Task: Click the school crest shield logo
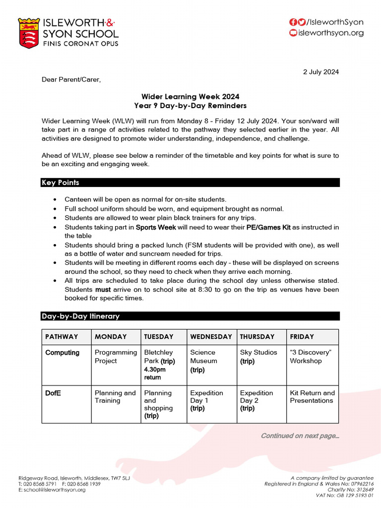(x=29, y=33)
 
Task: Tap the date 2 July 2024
(x=321, y=72)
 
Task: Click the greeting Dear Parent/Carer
(x=71, y=79)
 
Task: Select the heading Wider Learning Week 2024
(x=190, y=97)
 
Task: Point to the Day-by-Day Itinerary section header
(x=80, y=316)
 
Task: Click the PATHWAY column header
(x=62, y=336)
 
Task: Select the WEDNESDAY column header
(x=211, y=336)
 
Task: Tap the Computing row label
(x=62, y=353)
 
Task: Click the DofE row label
(x=54, y=393)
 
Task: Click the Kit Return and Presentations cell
(x=312, y=396)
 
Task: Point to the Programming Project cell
(x=116, y=357)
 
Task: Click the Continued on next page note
(x=300, y=436)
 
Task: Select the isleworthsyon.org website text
(x=331, y=33)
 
